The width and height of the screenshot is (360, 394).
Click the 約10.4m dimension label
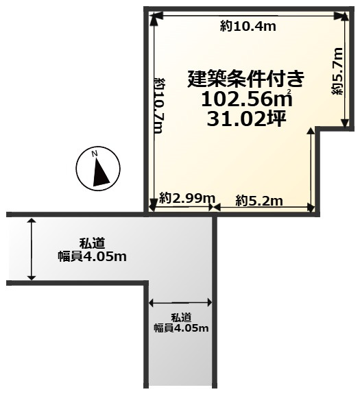(248, 26)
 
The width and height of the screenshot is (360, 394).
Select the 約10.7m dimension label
(159, 106)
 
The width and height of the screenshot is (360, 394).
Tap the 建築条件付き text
(246, 79)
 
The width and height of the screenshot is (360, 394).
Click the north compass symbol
(97, 169)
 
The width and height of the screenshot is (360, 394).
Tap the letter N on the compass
(97, 153)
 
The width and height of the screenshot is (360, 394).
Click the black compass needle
(101, 172)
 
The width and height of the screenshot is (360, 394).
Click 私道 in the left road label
(91, 243)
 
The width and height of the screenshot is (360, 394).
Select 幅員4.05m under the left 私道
(92, 256)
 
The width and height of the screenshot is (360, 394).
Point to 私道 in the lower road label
(180, 317)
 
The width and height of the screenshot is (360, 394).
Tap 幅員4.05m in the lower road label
(180, 328)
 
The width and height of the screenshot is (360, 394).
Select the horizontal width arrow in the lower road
(180, 302)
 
